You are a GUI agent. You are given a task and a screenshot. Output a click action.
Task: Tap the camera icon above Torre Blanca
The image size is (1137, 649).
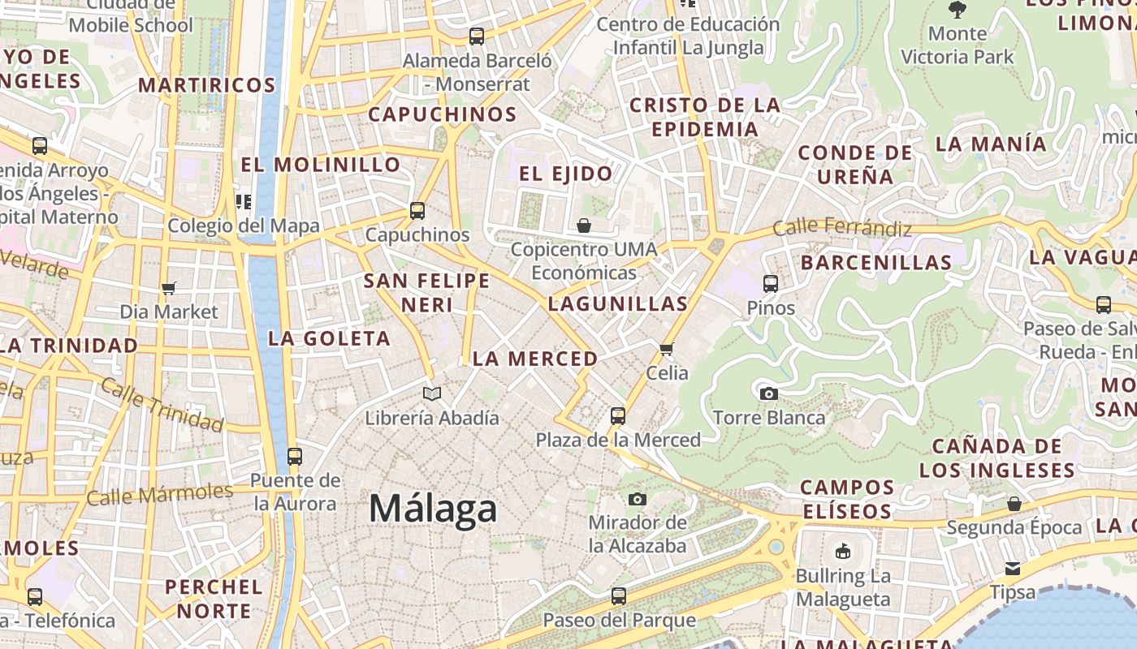tap(768, 394)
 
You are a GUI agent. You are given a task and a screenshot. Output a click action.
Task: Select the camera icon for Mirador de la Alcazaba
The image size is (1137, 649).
tap(638, 499)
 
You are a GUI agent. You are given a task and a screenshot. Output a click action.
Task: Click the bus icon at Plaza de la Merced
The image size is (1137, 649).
tap(618, 416)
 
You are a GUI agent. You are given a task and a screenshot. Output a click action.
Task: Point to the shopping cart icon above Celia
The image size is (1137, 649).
tap(667, 349)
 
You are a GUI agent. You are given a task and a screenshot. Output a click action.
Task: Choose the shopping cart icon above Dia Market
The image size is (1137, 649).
tap(169, 288)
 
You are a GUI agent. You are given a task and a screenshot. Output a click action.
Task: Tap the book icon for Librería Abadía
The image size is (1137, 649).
tap(432, 394)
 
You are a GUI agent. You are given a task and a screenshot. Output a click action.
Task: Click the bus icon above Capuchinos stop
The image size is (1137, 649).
tap(417, 211)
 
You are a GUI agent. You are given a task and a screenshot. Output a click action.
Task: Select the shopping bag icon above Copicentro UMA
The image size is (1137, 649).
tap(584, 225)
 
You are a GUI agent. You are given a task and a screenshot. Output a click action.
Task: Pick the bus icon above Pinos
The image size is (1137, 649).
tap(771, 284)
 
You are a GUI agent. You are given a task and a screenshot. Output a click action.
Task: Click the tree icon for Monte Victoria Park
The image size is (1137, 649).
tap(958, 10)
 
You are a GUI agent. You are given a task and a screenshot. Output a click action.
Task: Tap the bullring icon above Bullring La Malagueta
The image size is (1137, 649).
tap(843, 552)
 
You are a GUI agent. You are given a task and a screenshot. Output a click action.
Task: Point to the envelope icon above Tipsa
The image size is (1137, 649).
tap(1013, 568)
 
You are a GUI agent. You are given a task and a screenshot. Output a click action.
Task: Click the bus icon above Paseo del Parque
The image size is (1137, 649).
tap(619, 596)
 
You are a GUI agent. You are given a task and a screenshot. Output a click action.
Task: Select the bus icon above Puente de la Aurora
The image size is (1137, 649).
tap(295, 456)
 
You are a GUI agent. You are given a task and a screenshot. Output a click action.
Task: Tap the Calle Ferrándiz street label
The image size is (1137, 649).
tap(841, 228)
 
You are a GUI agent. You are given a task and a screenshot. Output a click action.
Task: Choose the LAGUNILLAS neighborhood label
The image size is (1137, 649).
tap(617, 304)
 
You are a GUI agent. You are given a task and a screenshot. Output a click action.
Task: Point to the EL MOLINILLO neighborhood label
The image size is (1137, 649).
tap(321, 165)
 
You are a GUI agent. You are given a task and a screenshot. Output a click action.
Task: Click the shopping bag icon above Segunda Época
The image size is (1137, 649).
tap(1014, 504)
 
